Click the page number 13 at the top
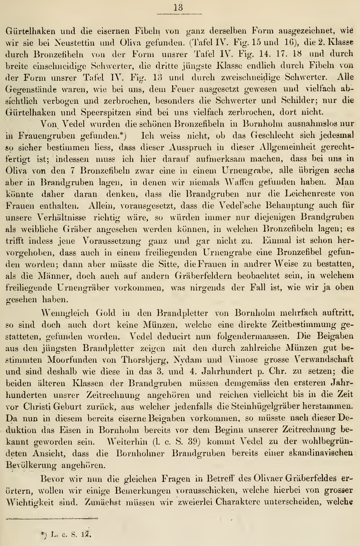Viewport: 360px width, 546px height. pyautogui.click(x=179, y=7)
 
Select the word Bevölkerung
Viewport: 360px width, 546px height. pyautogui.click(x=31, y=465)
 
